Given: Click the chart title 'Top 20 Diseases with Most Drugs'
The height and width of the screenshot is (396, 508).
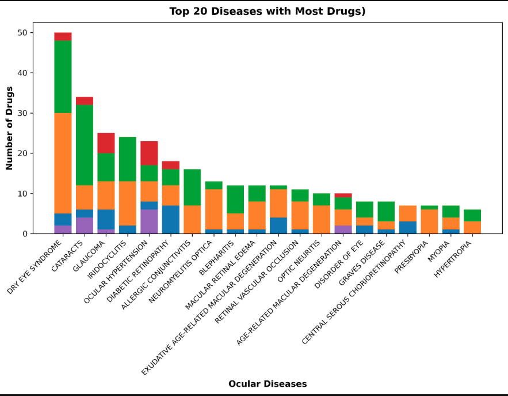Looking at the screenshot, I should coord(267,12).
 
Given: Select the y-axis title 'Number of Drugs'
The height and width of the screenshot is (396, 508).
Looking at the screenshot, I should coord(9,128).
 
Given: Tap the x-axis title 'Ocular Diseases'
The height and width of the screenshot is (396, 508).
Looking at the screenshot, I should coord(268,384).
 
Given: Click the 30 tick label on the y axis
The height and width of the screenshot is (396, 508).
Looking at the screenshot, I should coord(22,113).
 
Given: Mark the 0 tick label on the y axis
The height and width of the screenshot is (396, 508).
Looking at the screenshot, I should coord(24,234).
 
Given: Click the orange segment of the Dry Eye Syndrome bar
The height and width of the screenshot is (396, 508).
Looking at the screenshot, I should coord(63,163).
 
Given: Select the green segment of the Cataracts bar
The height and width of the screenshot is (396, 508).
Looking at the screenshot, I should coord(85,145).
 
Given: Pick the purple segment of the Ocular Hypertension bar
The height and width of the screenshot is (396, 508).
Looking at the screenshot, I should coord(149,222).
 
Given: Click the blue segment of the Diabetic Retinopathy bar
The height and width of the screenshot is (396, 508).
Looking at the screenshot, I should coord(171,220).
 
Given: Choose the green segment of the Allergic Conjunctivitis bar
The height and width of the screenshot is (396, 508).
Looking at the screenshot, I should coord(192,187).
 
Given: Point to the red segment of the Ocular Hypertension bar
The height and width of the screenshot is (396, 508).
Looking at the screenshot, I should coord(149,153).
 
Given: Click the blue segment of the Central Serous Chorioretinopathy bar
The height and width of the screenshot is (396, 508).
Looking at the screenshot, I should coord(407,228).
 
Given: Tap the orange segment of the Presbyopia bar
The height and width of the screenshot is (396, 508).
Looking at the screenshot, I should coord(429,221).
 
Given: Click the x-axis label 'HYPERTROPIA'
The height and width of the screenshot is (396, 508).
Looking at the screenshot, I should coord(452,259).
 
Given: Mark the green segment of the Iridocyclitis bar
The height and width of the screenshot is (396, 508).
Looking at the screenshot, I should coord(128,159).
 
